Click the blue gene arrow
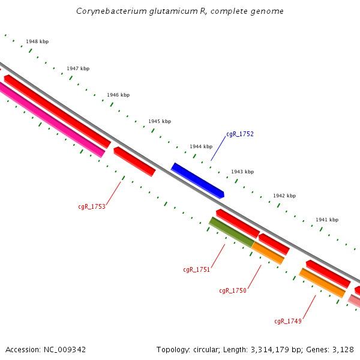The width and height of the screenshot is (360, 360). [197, 180]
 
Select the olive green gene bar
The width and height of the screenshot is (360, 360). [231, 233]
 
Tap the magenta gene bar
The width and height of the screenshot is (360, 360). [51, 119]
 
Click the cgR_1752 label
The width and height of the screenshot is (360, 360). [240, 134]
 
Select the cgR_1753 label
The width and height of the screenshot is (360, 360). [92, 206]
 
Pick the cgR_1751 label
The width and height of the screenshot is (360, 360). [197, 269]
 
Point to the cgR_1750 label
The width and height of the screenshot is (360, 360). [233, 290]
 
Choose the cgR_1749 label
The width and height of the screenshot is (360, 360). [288, 321]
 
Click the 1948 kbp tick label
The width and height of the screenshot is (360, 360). [37, 42]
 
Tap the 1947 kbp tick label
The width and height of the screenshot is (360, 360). [78, 68]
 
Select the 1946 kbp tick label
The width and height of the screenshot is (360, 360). [118, 95]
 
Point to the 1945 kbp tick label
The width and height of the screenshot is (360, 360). [160, 121]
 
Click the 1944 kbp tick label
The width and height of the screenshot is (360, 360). [201, 146]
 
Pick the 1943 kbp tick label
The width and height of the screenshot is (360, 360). [242, 172]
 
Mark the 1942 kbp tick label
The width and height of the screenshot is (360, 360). [284, 196]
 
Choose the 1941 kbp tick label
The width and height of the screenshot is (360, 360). [327, 220]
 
